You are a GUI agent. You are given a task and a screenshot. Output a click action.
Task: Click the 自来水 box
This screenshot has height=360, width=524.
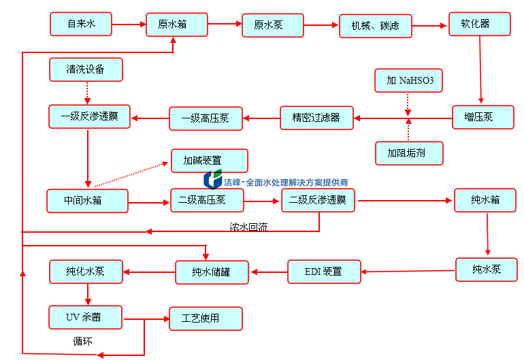pyautogui.click(x=80, y=24)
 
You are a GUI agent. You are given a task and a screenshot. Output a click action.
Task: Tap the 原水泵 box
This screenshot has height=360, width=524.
pyautogui.click(x=269, y=25)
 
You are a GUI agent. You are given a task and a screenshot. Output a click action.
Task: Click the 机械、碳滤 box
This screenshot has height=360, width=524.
pyautogui.click(x=376, y=27)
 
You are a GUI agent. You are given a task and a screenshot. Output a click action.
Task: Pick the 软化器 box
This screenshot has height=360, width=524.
pyautogui.click(x=480, y=24)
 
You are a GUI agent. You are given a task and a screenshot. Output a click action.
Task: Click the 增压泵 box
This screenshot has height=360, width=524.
pyautogui.click(x=483, y=117)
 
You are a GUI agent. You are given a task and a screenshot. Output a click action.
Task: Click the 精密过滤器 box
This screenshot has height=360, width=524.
pyautogui.click(x=316, y=117)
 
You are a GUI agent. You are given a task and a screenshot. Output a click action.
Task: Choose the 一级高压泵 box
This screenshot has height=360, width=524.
pyautogui.click(x=205, y=118)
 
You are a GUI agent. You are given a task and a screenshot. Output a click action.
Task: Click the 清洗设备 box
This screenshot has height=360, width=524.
pyautogui.click(x=86, y=69)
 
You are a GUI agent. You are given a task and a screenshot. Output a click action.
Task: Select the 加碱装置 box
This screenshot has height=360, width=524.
pyautogui.click(x=210, y=161)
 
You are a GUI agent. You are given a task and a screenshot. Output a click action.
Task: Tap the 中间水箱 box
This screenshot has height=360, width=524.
pyautogui.click(x=87, y=201)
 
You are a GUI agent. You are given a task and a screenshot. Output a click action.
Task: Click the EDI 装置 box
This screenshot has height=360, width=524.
pyautogui.click(x=324, y=272)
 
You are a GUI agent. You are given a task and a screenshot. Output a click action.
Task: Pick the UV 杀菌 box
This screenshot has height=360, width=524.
pyautogui.click(x=86, y=317)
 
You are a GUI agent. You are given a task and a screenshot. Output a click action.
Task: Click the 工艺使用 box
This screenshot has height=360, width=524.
pyautogui.click(x=205, y=318)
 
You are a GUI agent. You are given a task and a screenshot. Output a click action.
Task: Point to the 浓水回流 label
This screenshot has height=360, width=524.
pyautogui.click(x=248, y=227)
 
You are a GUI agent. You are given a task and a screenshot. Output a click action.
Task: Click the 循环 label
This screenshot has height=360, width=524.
pyautogui.click(x=82, y=341)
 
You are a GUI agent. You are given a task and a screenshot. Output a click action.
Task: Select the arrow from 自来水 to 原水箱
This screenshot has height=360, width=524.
pyautogui.click(x=129, y=25)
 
